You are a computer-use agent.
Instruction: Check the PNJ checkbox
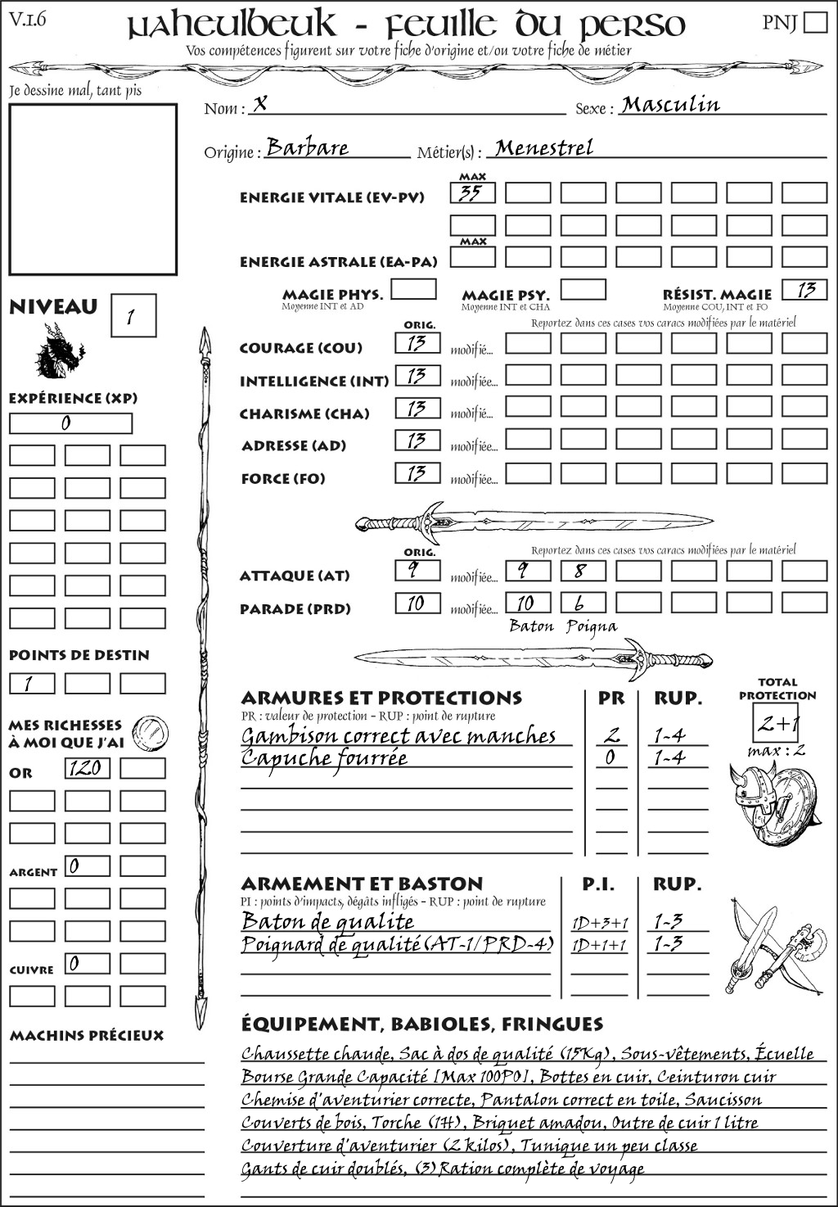816,21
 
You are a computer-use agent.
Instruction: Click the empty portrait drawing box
92,189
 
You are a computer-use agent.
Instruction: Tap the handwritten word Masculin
670,105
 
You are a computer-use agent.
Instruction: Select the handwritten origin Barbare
308,147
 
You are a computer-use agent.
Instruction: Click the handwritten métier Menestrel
544,148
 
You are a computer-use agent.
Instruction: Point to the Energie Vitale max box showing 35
472,193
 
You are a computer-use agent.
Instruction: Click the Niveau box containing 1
133,316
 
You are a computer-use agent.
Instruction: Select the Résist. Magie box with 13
804,290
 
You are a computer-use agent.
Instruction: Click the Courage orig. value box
417,343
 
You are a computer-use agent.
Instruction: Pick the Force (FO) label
283,478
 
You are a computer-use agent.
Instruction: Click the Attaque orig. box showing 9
417,570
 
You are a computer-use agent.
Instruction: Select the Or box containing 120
87,768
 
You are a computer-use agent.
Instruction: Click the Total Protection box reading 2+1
777,723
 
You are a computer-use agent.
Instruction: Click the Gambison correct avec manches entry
399,736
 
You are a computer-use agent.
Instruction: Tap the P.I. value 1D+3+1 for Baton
600,923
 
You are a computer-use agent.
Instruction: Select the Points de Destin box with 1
32,683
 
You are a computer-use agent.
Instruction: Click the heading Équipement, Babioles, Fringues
421,1024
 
